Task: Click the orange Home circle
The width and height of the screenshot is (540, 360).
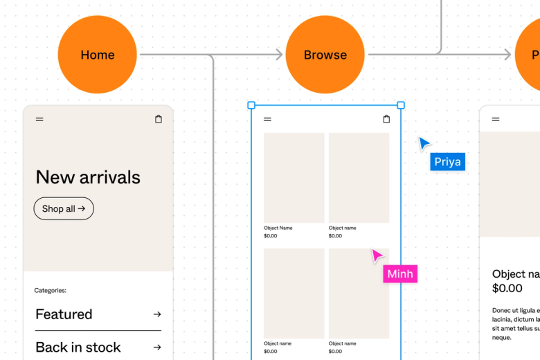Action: tap(97, 55)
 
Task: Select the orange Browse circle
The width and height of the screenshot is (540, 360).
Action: tap(325, 55)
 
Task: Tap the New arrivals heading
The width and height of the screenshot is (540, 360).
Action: tap(88, 177)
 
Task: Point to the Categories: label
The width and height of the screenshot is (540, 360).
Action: tap(51, 291)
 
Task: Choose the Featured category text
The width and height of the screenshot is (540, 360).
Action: tap(64, 314)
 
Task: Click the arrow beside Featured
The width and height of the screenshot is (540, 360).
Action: tap(157, 314)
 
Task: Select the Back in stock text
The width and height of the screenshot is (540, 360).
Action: tap(78, 348)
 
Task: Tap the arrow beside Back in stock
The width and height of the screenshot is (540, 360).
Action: tap(157, 348)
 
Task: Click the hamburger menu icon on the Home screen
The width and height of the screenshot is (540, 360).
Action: tap(39, 119)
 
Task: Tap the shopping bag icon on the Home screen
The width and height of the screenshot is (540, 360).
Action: tap(159, 119)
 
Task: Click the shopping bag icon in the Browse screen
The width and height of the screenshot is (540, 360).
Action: tap(386, 119)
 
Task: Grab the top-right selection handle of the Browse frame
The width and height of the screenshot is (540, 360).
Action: tap(401, 105)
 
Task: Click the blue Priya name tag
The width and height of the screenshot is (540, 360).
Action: tap(447, 162)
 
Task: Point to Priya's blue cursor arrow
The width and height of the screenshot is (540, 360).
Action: tap(424, 143)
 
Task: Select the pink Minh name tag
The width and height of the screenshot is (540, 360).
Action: tap(400, 274)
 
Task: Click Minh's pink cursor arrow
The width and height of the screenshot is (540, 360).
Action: tap(377, 255)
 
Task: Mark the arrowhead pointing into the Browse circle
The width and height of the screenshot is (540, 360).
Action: tap(279, 55)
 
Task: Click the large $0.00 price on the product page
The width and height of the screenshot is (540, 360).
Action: tap(507, 288)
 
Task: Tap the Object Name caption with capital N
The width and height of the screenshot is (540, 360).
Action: tap(278, 228)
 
